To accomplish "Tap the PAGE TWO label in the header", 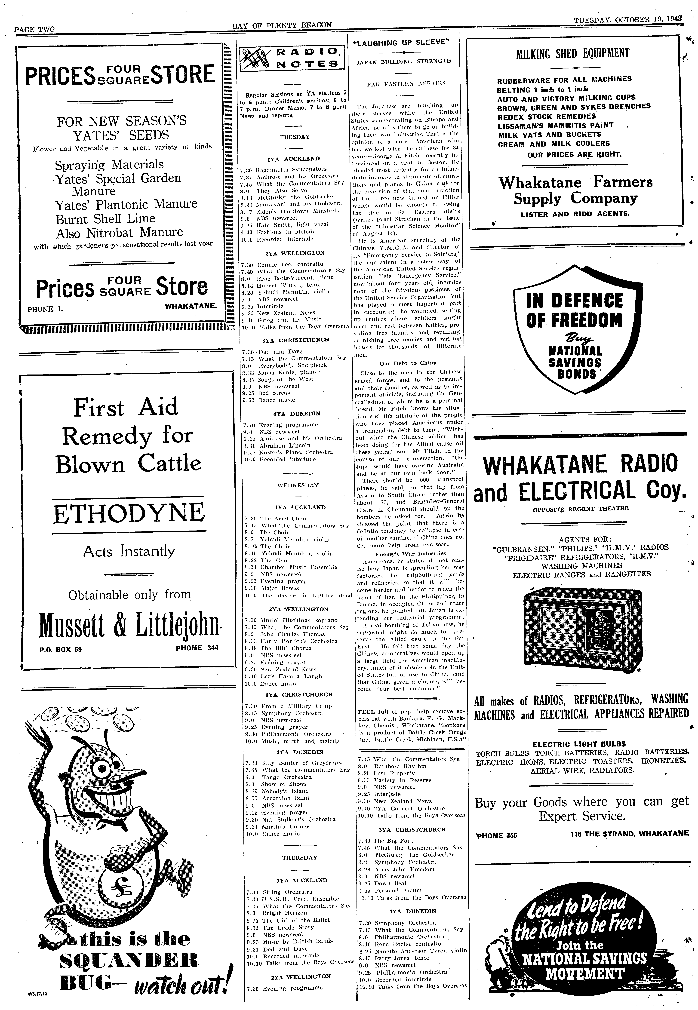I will coord(35,29).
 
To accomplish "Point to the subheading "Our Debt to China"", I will coord(408,363).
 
